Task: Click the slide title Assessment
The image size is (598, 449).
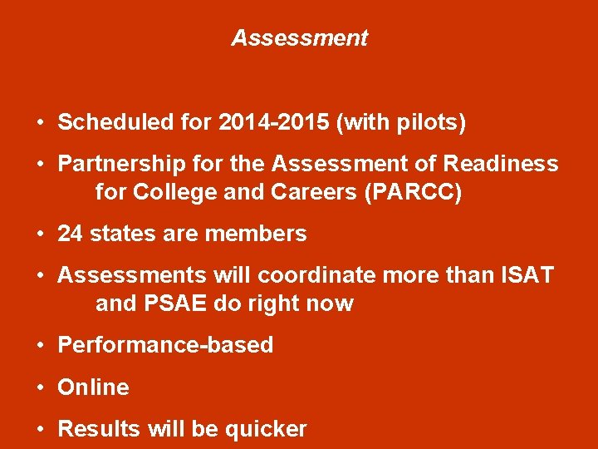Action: [299, 38]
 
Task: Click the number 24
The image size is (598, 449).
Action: [70, 234]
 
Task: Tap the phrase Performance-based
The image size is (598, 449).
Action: [165, 345]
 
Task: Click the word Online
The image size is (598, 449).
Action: [93, 387]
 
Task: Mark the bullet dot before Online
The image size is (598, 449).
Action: [40, 387]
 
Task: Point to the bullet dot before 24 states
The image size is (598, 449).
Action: [40, 234]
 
